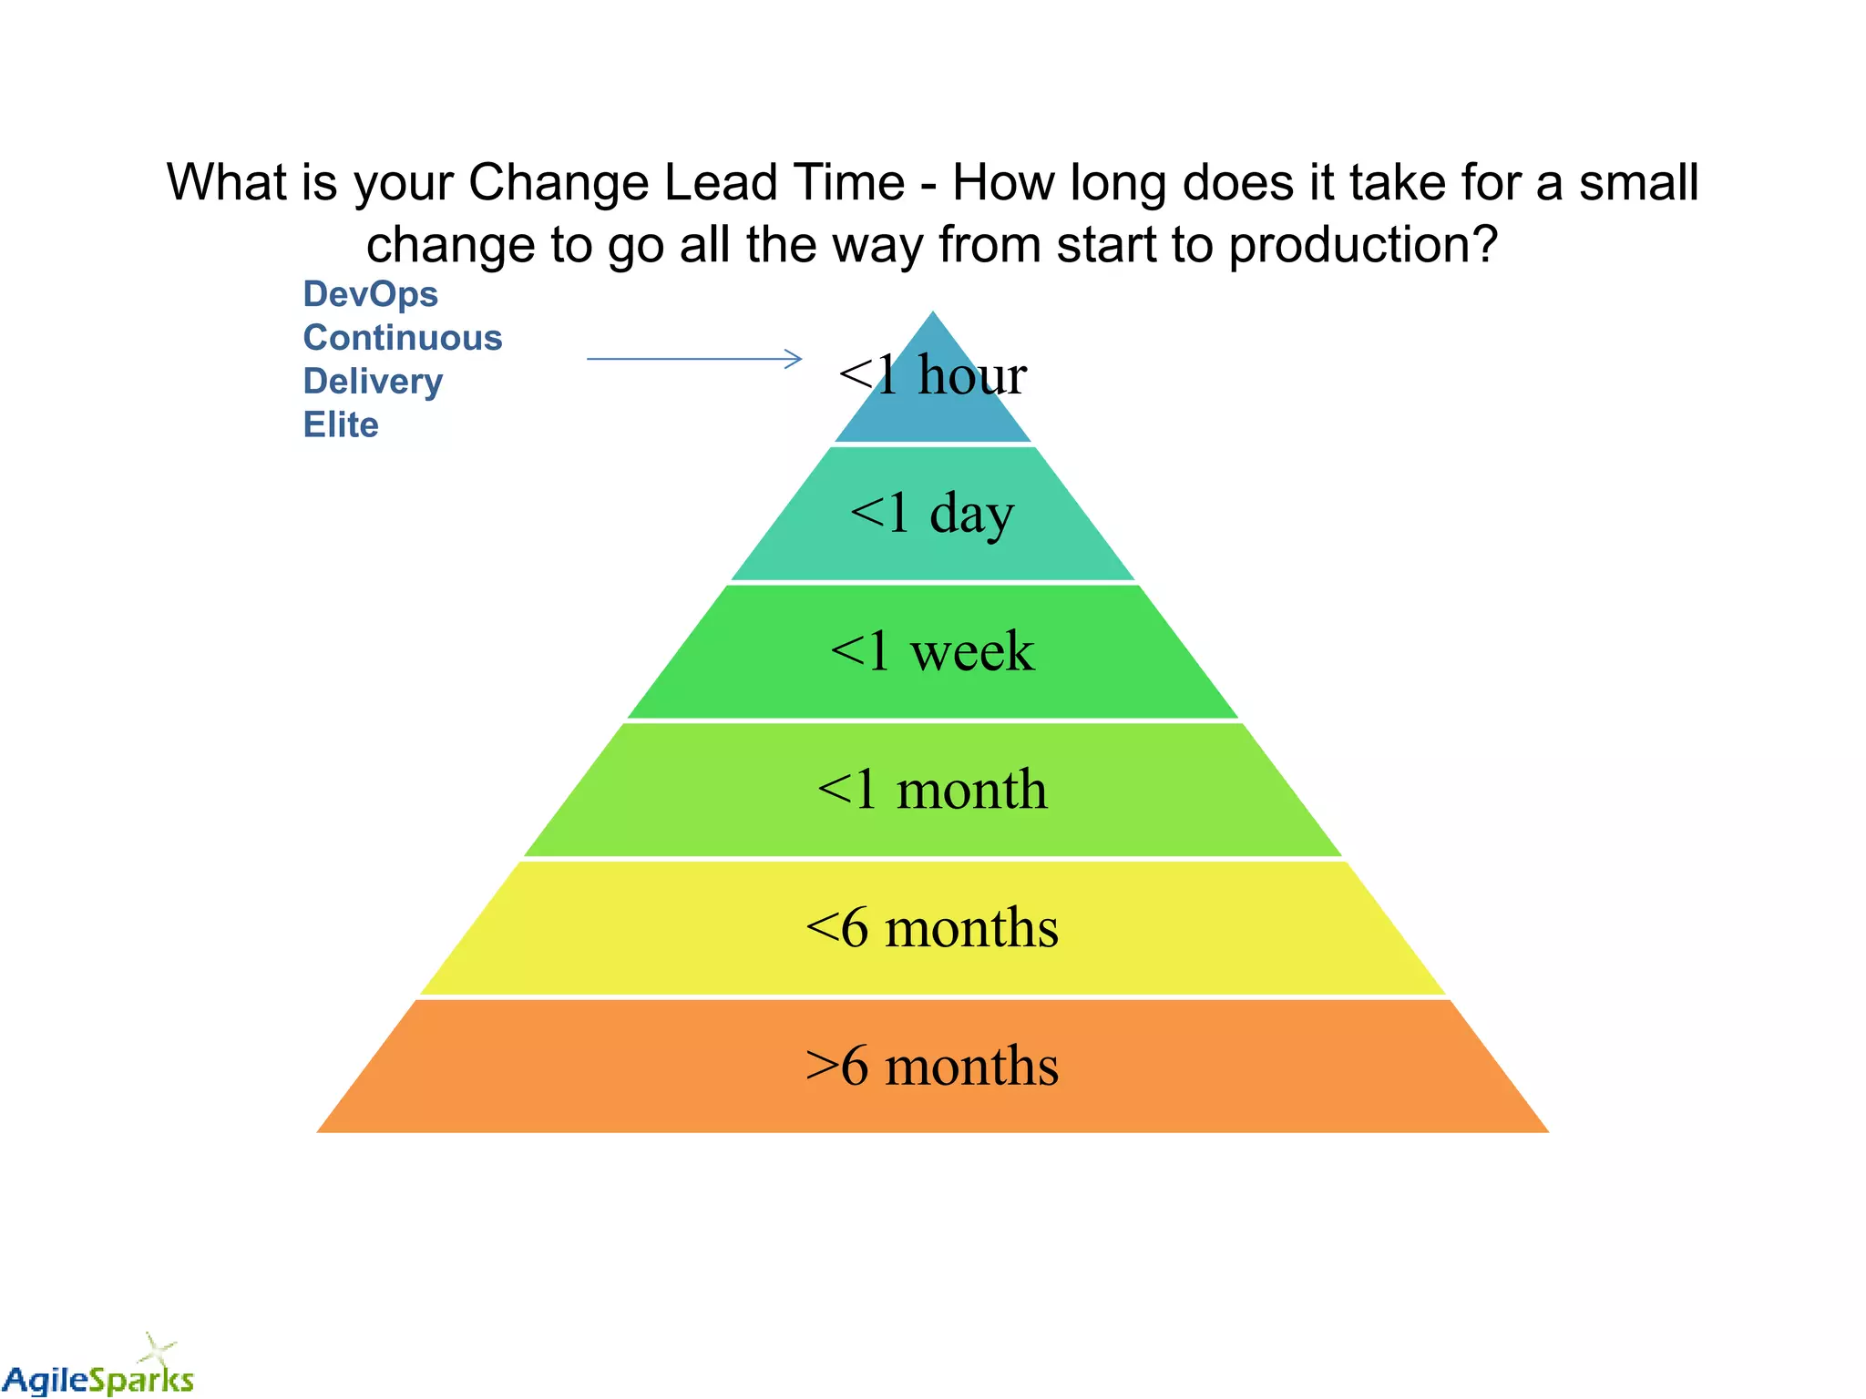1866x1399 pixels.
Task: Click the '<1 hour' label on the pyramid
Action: [x=932, y=374]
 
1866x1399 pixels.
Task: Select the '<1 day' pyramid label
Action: [x=932, y=513]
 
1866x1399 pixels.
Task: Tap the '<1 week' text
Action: [x=932, y=651]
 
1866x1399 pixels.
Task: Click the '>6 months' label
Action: [x=932, y=1066]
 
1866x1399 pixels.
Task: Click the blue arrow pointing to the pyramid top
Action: [x=694, y=359]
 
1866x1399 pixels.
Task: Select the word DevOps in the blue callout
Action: [x=370, y=294]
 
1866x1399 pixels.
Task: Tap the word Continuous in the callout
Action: [x=402, y=338]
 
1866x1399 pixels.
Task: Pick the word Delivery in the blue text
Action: [x=373, y=382]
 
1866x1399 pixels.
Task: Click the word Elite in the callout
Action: [x=341, y=425]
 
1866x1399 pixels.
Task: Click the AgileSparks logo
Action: [x=98, y=1377]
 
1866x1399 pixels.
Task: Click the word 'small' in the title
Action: [x=1638, y=182]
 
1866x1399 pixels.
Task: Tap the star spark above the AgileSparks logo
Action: [x=158, y=1347]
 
